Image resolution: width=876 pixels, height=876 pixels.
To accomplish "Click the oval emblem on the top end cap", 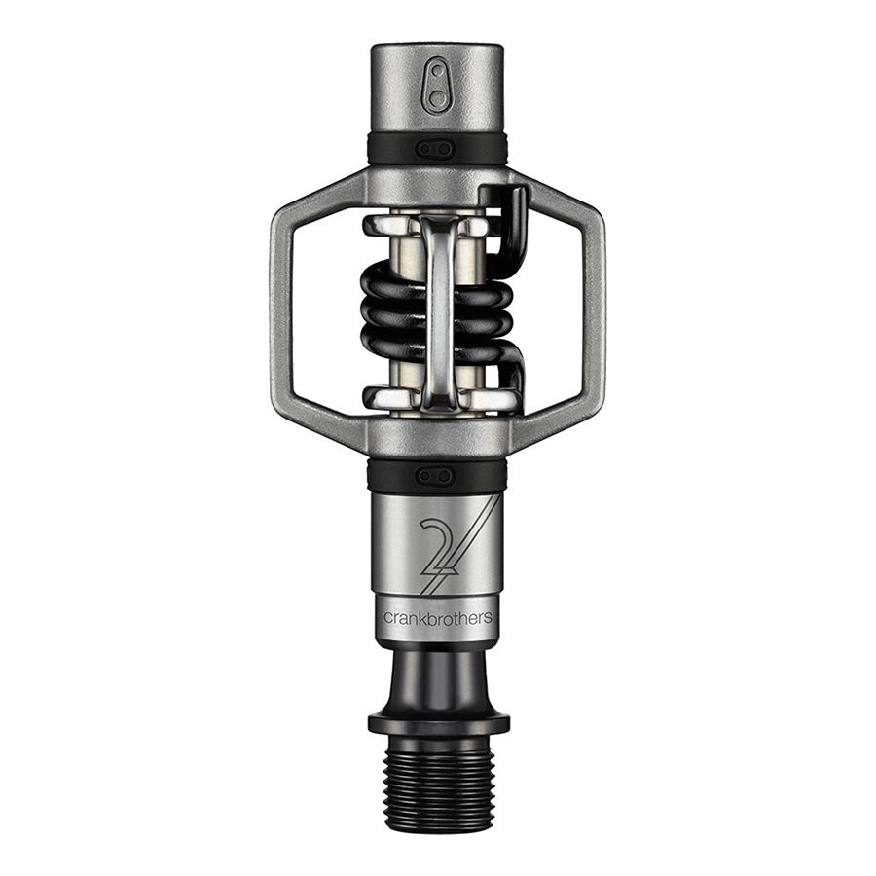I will (x=436, y=88).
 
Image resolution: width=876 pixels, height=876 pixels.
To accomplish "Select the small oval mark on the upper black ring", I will (x=436, y=149).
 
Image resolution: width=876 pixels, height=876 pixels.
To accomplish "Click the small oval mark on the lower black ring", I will (x=436, y=475).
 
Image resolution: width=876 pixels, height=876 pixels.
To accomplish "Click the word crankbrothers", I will (x=437, y=618).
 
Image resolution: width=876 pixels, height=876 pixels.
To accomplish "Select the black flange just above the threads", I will (x=438, y=723).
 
